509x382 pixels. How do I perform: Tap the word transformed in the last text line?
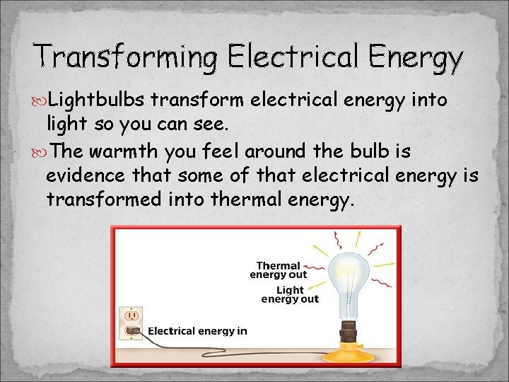pyautogui.click(x=104, y=200)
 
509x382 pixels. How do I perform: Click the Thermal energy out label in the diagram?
pyautogui.click(x=279, y=270)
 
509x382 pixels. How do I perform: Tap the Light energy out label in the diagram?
pyautogui.click(x=290, y=294)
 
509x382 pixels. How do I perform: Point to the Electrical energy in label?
pyautogui.click(x=197, y=331)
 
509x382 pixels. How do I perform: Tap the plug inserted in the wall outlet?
pyautogui.click(x=132, y=330)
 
